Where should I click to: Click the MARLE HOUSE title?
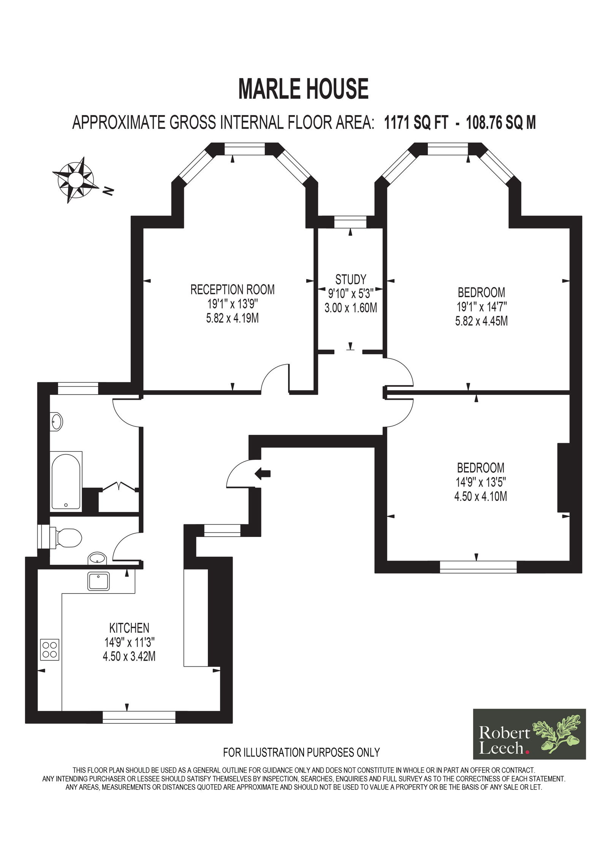click(x=304, y=89)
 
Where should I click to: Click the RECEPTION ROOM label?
click(x=232, y=290)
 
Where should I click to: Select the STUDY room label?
click(x=350, y=279)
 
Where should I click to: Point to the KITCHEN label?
click(x=129, y=628)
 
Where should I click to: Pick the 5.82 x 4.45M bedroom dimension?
click(x=481, y=321)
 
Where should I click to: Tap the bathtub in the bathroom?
click(x=66, y=480)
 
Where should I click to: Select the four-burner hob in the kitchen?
click(x=50, y=649)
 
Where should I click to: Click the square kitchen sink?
click(x=99, y=581)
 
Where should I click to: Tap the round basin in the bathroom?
click(x=57, y=422)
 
